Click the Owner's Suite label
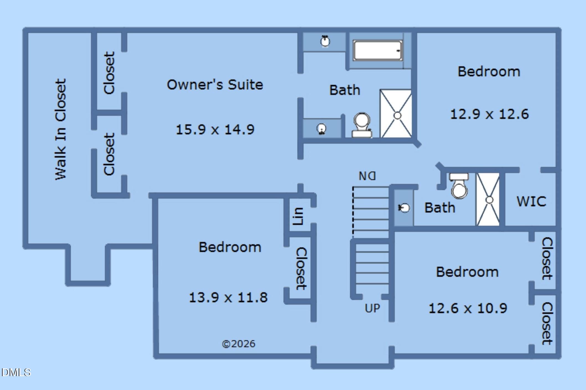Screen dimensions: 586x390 (215, 85)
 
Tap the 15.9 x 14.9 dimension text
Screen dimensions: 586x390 (215, 130)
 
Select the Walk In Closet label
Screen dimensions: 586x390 (61, 129)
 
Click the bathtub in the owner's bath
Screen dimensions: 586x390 (378, 50)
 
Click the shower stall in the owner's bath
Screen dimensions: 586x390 (396, 113)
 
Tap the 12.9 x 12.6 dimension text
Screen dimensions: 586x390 (489, 114)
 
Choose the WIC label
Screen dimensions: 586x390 (531, 201)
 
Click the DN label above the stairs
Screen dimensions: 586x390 (367, 176)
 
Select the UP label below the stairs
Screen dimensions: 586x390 (372, 308)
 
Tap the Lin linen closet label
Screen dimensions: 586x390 (298, 216)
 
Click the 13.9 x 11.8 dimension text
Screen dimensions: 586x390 (228, 297)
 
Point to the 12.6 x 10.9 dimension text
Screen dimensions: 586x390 (468, 308)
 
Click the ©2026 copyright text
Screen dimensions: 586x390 (239, 344)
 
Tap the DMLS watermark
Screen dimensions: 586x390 (16, 372)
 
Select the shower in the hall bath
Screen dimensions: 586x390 (488, 199)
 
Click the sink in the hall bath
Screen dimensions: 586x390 (404, 208)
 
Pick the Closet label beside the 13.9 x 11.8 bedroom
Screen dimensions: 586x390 (301, 269)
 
